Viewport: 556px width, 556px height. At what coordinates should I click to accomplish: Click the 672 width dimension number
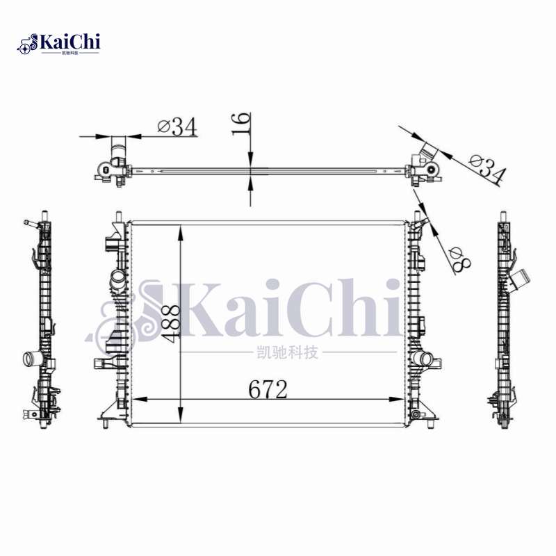click(268, 389)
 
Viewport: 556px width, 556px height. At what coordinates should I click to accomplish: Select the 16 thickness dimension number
click(241, 124)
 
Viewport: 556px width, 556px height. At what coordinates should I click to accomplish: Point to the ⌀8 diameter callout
click(459, 260)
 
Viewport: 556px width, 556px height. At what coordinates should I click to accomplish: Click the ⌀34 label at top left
click(177, 126)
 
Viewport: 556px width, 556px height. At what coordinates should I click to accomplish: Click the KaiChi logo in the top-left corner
click(58, 44)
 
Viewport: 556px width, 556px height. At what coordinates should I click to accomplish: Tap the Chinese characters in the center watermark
click(287, 352)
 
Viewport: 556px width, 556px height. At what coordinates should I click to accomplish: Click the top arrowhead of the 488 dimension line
click(181, 233)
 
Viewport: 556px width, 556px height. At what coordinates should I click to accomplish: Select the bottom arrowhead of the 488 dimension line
click(181, 415)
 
